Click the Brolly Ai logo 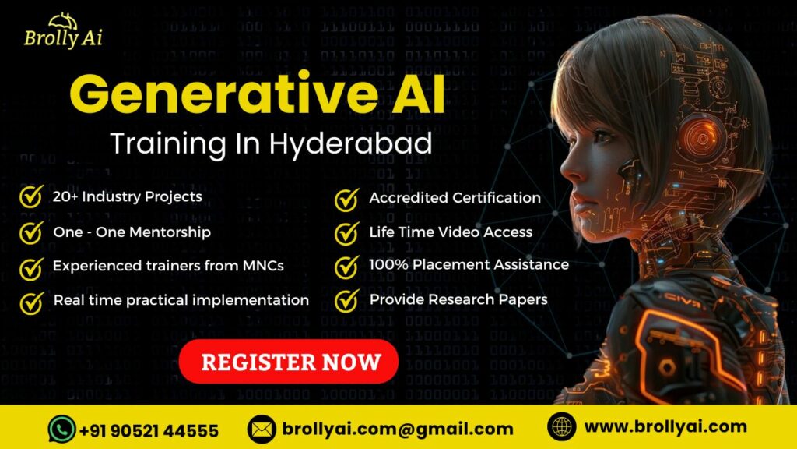click(x=63, y=30)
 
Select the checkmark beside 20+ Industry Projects click(x=31, y=198)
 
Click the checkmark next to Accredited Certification click(x=346, y=199)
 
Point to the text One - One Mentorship click(x=132, y=232)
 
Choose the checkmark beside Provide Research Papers click(x=346, y=300)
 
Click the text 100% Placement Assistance click(x=469, y=265)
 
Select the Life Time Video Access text click(x=451, y=232)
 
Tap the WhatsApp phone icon click(x=61, y=429)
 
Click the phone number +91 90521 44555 click(x=149, y=430)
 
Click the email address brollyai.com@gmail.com click(x=398, y=429)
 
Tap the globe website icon click(x=561, y=427)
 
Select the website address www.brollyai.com click(x=665, y=427)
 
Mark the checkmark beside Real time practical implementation click(x=31, y=302)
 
